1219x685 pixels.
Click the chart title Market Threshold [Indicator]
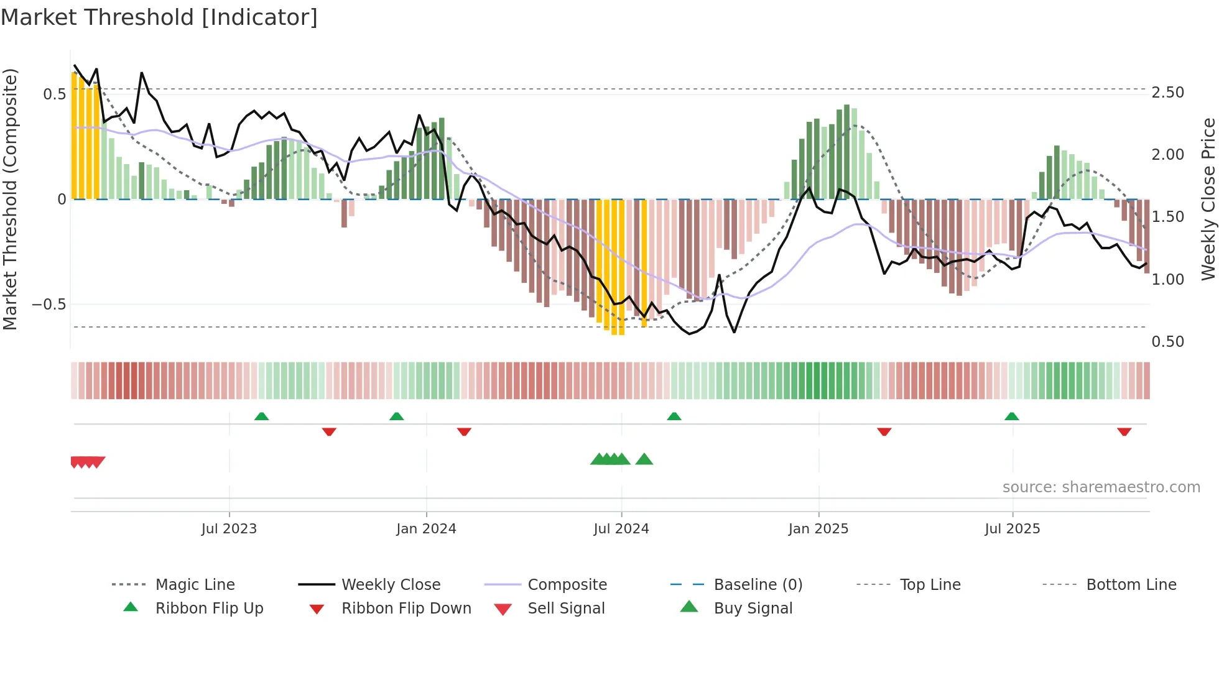point(159,17)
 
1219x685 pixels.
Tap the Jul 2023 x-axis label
point(229,529)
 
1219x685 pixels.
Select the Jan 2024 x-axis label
point(426,529)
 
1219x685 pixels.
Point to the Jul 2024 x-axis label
point(621,529)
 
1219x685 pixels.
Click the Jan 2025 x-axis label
point(818,529)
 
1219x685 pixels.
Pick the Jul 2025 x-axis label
point(1012,529)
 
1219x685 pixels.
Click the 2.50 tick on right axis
point(1167,93)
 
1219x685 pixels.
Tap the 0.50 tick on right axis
point(1167,342)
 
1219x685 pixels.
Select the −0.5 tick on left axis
point(49,305)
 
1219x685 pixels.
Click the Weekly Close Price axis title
point(1208,199)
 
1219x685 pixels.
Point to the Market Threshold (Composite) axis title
point(10,199)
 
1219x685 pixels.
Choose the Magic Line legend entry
point(195,585)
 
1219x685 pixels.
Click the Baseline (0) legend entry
point(758,585)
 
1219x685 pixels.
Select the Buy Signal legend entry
point(753,609)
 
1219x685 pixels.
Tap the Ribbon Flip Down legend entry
point(406,609)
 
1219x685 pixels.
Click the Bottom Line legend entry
point(1131,585)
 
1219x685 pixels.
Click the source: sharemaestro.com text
point(1101,487)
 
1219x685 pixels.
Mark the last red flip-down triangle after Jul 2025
point(1124,431)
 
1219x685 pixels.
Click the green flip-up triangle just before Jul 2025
point(1011,416)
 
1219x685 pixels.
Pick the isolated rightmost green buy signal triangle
point(644,459)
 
